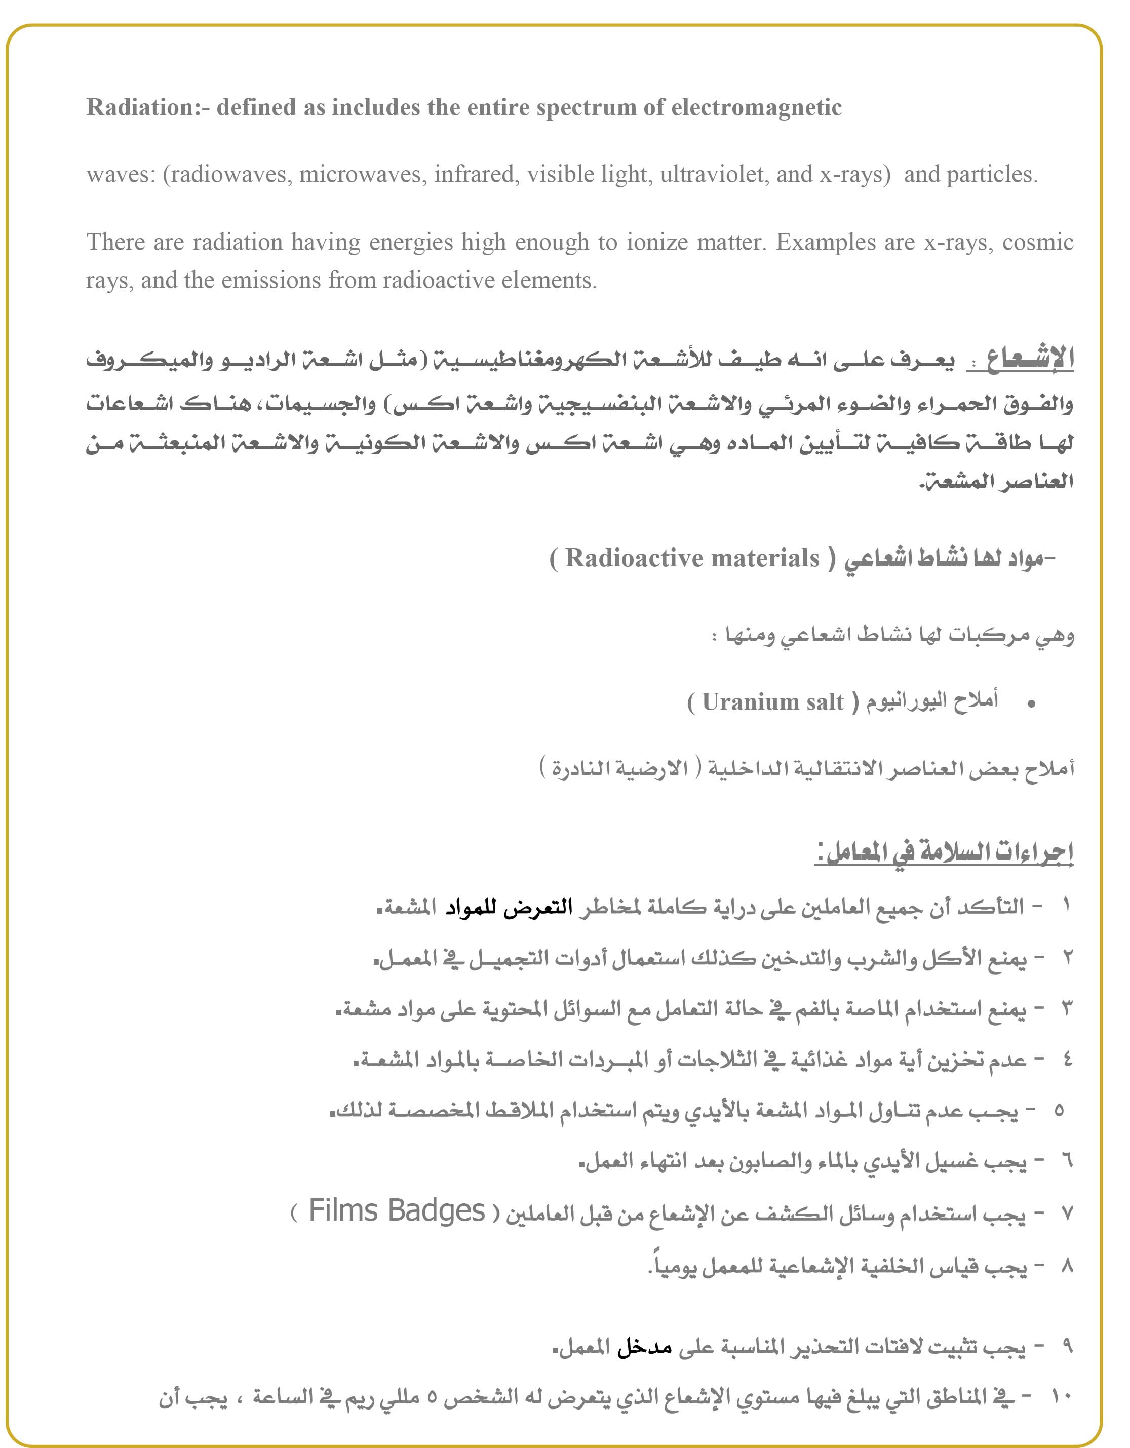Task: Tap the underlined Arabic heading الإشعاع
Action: tap(1021, 359)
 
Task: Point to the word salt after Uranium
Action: tap(825, 701)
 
